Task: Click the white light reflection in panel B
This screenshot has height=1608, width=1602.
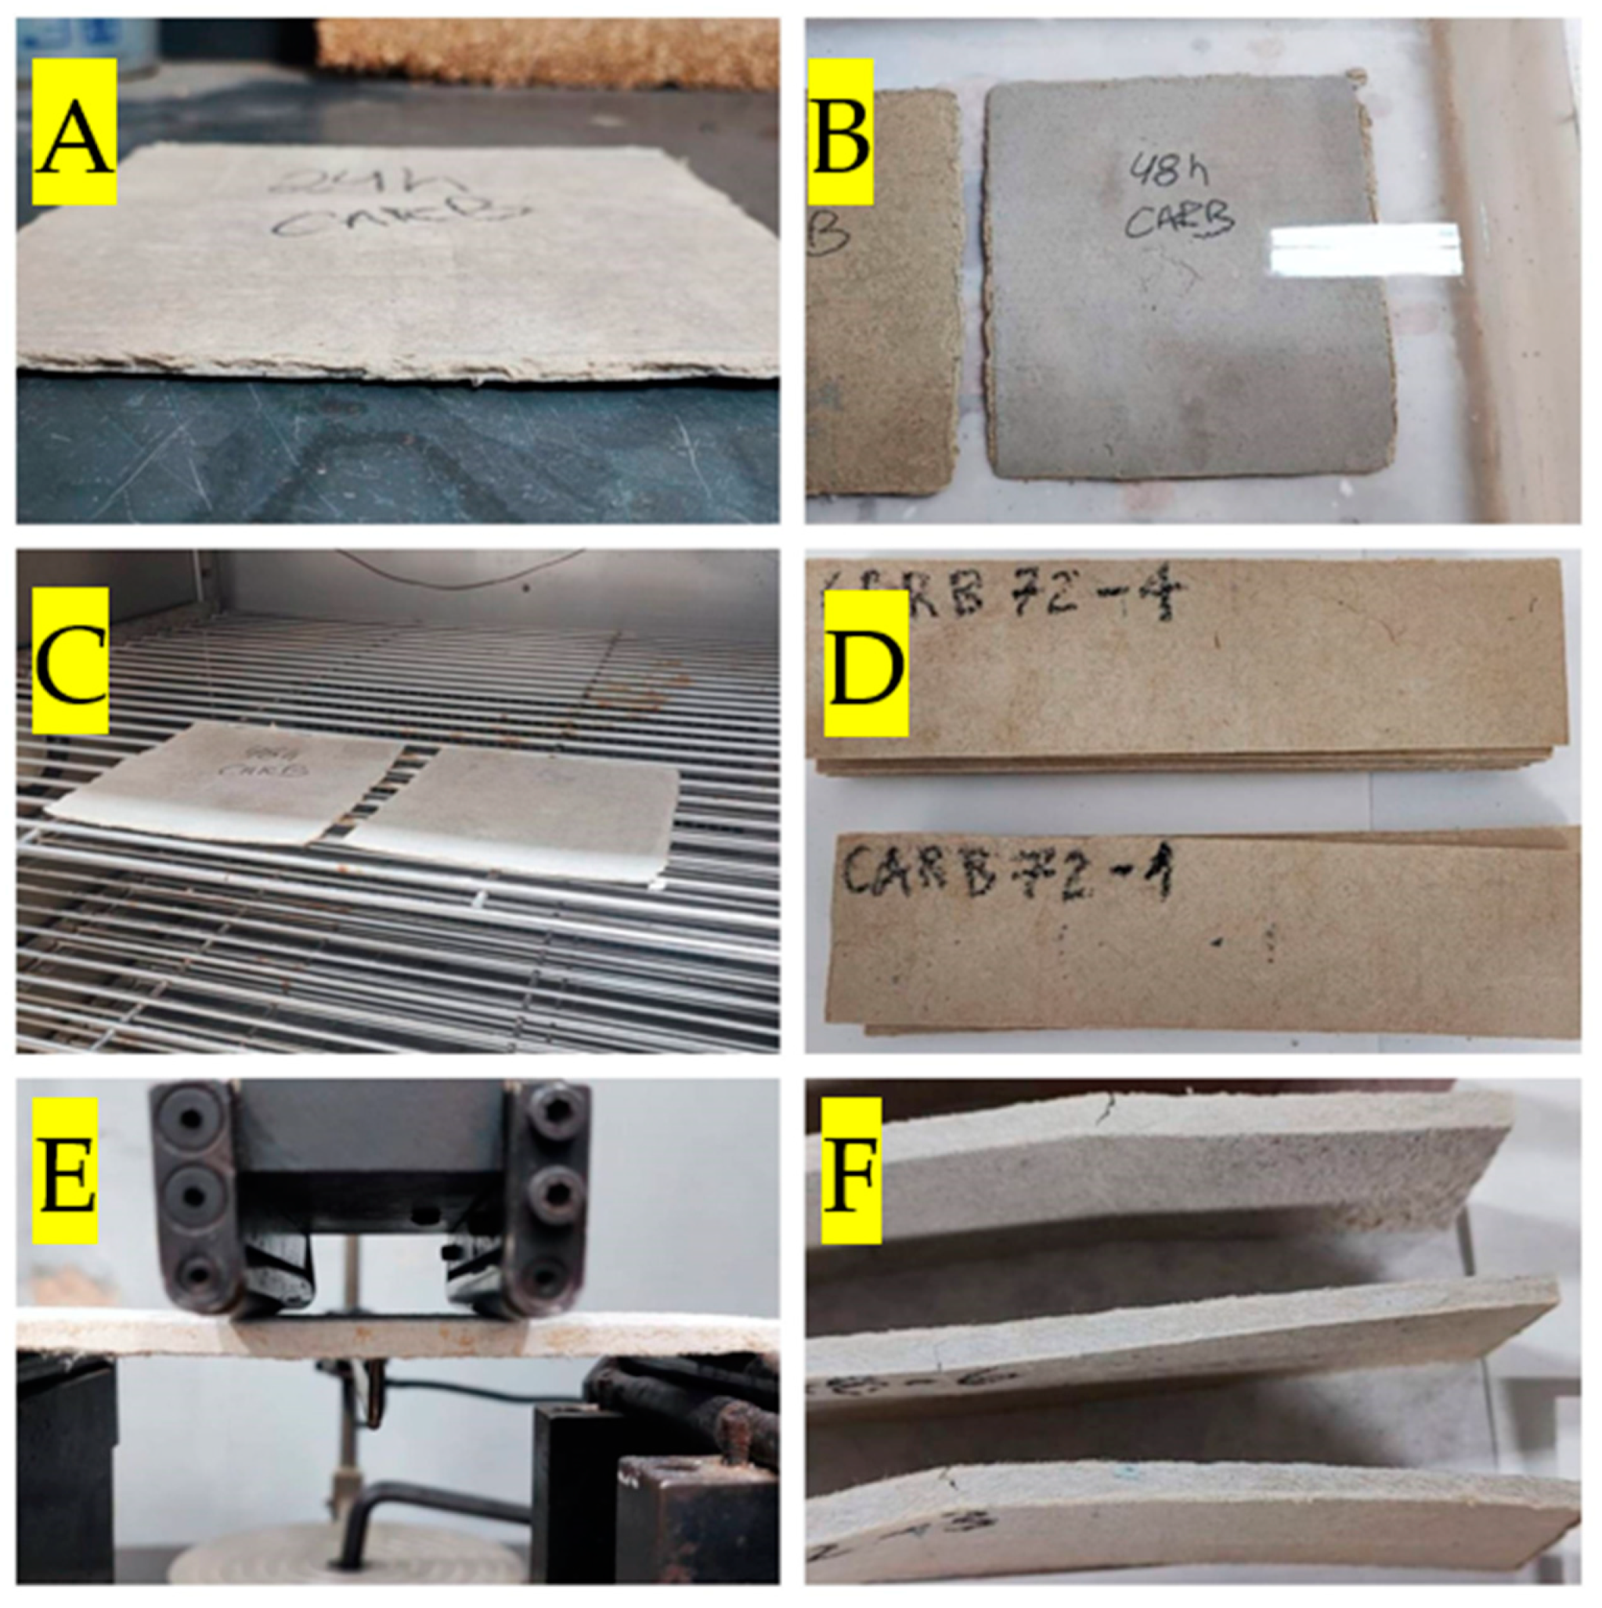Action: tap(1366, 250)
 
